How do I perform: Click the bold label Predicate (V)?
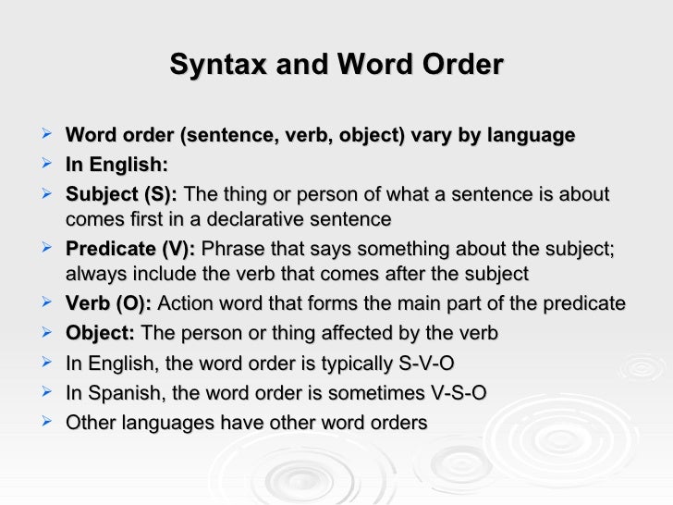(x=130, y=250)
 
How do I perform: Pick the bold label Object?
(x=100, y=333)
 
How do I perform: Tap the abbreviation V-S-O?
(x=451, y=393)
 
